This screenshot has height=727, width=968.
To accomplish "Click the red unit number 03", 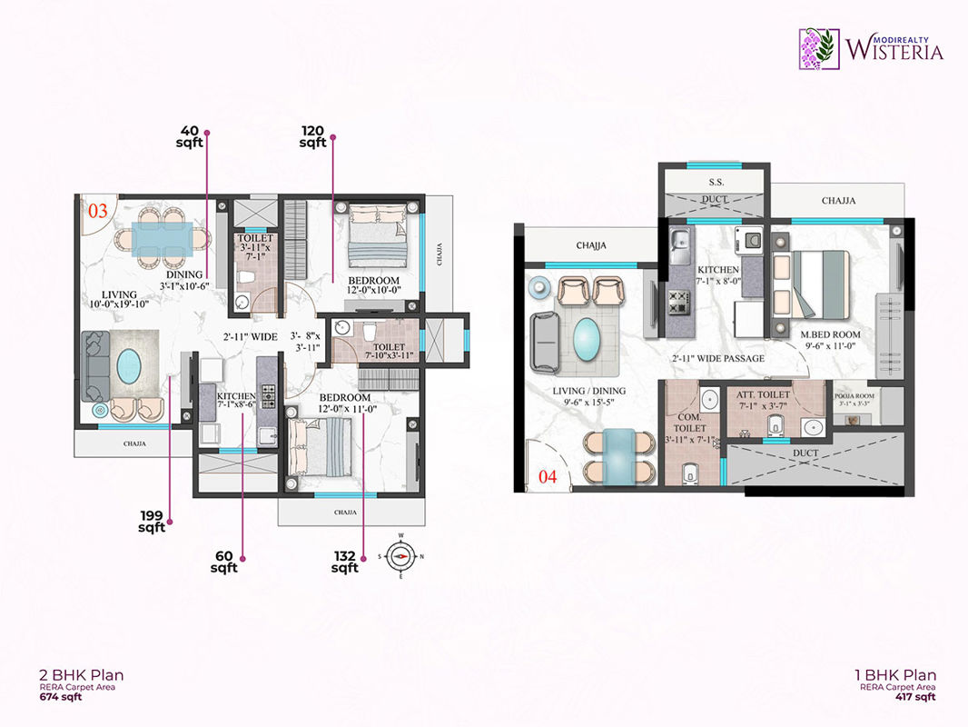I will (96, 211).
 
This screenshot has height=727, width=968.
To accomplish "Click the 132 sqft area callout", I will (345, 563).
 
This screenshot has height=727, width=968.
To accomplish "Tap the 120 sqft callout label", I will (313, 136).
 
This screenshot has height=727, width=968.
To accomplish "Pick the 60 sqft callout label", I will (223, 562).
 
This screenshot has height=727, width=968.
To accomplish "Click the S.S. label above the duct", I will (716, 183).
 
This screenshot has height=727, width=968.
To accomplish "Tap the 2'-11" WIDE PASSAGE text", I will (718, 359).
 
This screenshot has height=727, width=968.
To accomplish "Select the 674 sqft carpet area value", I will (59, 699).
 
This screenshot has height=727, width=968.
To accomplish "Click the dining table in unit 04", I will (620, 453).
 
